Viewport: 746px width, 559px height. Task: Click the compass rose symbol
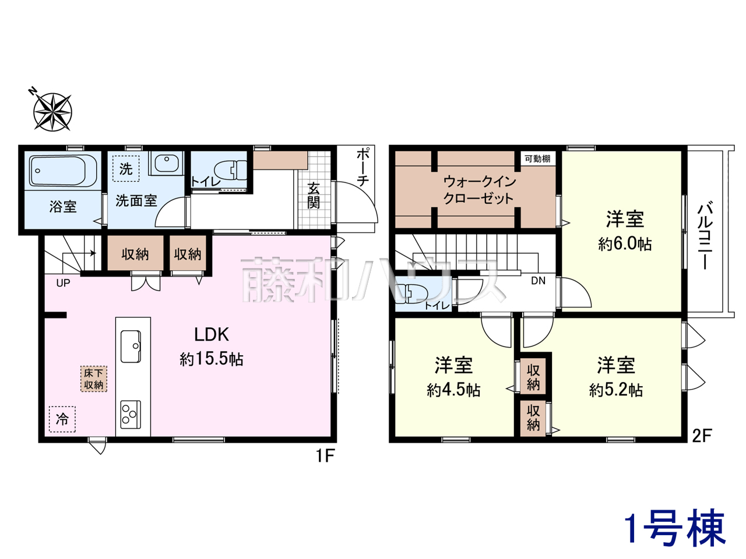tap(52, 111)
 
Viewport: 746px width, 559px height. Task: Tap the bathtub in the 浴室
tap(63, 171)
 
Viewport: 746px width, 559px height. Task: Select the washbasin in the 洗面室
tap(167, 163)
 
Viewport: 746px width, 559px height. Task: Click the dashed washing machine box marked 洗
tap(126, 169)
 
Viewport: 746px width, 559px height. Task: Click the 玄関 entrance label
tap(313, 195)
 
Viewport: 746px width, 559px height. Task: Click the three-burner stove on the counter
tap(131, 414)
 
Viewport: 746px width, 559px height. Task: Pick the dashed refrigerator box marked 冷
tap(62, 419)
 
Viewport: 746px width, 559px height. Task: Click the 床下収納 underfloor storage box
tap(93, 378)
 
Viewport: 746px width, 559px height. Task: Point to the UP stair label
tap(63, 283)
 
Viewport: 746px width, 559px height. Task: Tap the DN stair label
tap(538, 281)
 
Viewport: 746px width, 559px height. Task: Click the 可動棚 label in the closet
tap(537, 158)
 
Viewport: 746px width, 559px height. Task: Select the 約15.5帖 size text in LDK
tap(212, 359)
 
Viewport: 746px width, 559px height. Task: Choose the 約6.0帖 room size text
tap(625, 244)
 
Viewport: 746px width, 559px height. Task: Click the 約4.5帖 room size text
tap(453, 390)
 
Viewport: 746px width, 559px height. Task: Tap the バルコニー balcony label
tap(705, 236)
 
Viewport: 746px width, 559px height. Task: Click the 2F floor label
tap(702, 436)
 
